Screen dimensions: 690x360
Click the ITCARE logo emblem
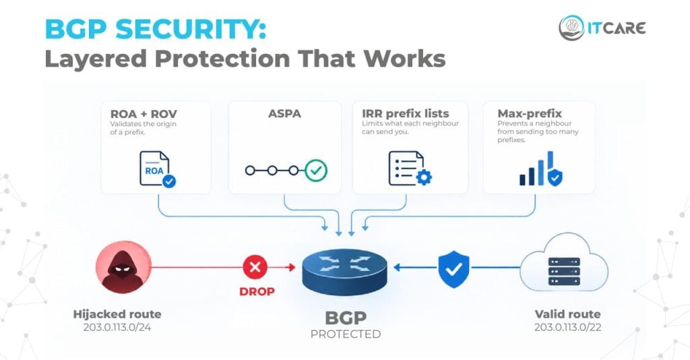coord(571,28)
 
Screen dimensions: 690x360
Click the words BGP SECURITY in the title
coord(156,30)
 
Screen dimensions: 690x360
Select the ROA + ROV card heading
coord(144,114)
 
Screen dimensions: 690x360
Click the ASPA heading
coord(285,113)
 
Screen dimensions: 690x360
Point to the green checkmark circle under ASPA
coord(316,171)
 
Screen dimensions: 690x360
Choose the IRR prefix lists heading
coord(405,113)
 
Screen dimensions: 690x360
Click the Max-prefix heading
coord(530,113)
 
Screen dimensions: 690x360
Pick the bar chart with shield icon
coord(541,169)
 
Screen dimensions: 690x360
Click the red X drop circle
coord(255,267)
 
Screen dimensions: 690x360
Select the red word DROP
coord(257,291)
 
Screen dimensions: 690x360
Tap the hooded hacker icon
coord(124,267)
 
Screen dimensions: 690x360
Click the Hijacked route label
coord(117,314)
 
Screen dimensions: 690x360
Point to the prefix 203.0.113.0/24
coord(117,328)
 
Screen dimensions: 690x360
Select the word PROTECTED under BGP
coord(346,334)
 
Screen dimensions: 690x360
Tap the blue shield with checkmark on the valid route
coord(453,269)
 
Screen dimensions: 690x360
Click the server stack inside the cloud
coord(564,271)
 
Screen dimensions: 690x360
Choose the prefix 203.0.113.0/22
coord(567,328)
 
